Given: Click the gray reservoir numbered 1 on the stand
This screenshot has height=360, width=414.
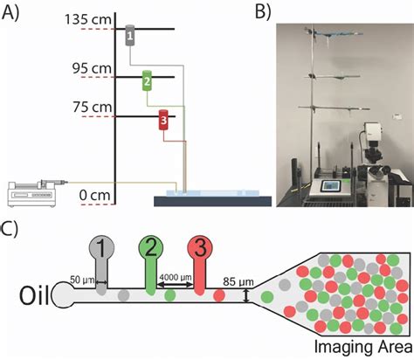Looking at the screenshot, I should click(129, 35).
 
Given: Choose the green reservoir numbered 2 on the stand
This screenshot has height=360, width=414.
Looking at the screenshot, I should click(148, 81).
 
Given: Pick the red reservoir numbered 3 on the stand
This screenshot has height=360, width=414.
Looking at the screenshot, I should click(162, 121).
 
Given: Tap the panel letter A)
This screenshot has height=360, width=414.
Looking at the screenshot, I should click(11, 11).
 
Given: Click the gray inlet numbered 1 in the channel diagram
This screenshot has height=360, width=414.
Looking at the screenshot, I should click(104, 254).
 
